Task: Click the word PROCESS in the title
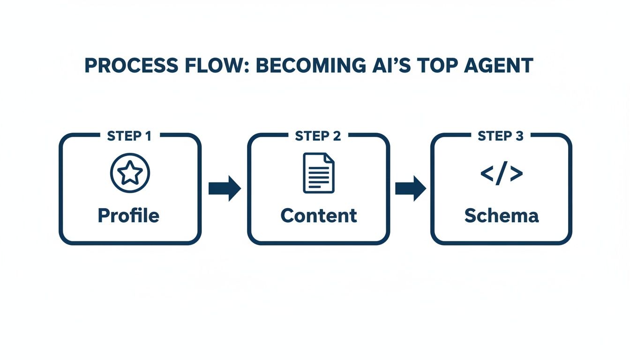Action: pyautogui.click(x=123, y=66)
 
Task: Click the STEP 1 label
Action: pyautogui.click(x=129, y=136)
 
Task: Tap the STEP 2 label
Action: pyautogui.click(x=318, y=136)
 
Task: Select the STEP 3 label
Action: pyautogui.click(x=501, y=136)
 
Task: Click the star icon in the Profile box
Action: pyautogui.click(x=130, y=173)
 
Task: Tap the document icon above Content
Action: pyautogui.click(x=319, y=172)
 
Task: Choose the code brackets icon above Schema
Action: pyautogui.click(x=501, y=174)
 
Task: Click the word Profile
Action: pyautogui.click(x=128, y=216)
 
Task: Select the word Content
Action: pyautogui.click(x=319, y=216)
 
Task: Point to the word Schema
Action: pyautogui.click(x=501, y=216)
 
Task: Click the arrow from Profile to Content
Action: pyautogui.click(x=225, y=188)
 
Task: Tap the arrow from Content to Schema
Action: pyautogui.click(x=411, y=188)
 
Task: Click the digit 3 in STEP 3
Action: pyautogui.click(x=519, y=136)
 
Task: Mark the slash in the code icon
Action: pyautogui.click(x=501, y=174)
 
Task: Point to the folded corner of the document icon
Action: pyautogui.click(x=330, y=158)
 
